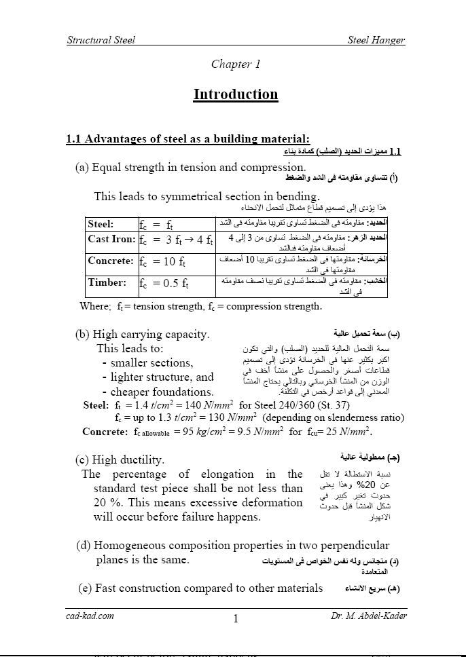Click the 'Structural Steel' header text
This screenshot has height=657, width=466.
click(x=101, y=40)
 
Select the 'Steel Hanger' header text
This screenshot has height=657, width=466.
click(x=376, y=40)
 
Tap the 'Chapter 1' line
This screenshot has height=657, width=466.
click(x=236, y=64)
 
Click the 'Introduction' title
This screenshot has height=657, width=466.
click(x=236, y=94)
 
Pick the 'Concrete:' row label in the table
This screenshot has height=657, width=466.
click(x=111, y=261)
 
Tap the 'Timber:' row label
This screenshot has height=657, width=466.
click(x=107, y=282)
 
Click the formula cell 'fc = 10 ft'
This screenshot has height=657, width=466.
click(x=163, y=262)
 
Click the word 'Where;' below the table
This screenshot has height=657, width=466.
click(x=95, y=306)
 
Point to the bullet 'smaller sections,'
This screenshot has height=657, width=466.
click(x=151, y=362)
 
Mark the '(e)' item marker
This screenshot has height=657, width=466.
click(x=86, y=588)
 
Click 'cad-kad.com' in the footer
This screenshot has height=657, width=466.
click(x=90, y=616)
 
